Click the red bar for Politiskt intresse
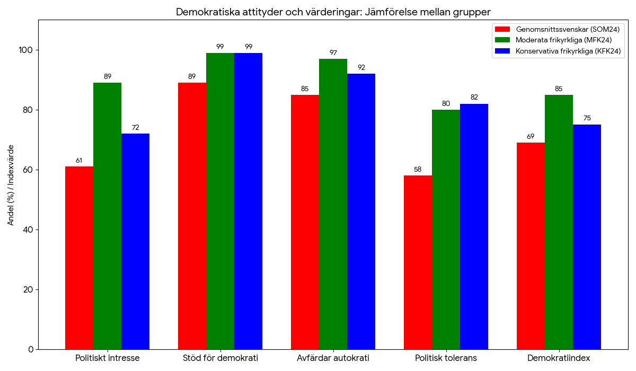coord(79,258)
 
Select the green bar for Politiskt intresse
coord(107,216)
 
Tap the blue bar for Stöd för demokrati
coord(248,201)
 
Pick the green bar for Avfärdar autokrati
coord(333,204)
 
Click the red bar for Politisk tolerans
coord(418,262)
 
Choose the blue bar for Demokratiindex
coord(587,237)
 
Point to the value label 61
coord(79,161)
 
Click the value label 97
coord(333,52)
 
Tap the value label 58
coord(418,170)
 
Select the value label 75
coord(587,118)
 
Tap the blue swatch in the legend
coord(502,51)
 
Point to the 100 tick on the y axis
coord(26,50)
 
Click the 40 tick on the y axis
coord(28,229)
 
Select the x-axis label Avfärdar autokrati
coord(333,358)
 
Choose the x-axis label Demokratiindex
coord(559,358)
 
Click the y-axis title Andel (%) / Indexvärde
coord(11,185)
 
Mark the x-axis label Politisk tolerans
coord(446,358)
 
